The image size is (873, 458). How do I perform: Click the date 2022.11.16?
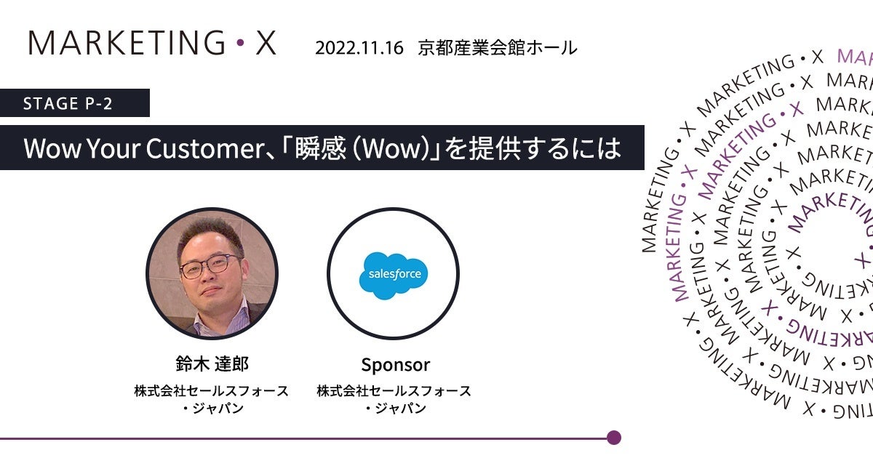[x=359, y=48]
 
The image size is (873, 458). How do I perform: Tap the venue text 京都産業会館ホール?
[x=497, y=47]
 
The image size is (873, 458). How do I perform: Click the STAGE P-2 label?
[x=68, y=103]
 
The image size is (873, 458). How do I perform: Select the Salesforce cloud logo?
[x=393, y=275]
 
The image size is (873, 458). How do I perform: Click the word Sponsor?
[x=396, y=365]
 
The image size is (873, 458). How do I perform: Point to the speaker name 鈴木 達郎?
[x=212, y=363]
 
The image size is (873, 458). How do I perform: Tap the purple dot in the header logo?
[x=241, y=42]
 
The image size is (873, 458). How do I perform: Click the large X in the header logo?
[x=266, y=42]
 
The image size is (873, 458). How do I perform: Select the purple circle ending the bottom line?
[x=614, y=438]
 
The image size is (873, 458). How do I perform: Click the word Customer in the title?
[x=205, y=148]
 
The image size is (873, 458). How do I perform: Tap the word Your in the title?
[x=113, y=148]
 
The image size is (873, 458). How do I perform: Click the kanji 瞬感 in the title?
[x=320, y=148]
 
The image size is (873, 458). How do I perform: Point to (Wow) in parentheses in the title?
[x=393, y=148]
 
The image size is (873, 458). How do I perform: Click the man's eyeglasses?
[x=210, y=266]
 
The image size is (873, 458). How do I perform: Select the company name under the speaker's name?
[x=212, y=399]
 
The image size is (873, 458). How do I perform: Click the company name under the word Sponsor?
[x=394, y=399]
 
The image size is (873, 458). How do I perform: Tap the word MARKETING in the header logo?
[x=127, y=42]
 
